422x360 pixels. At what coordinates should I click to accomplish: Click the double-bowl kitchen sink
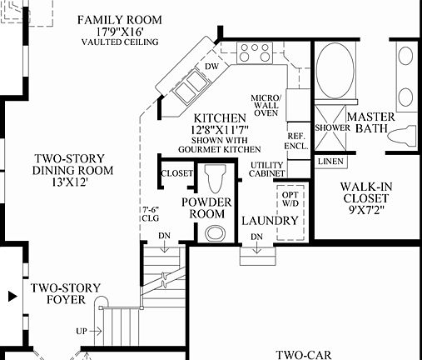coord(188,82)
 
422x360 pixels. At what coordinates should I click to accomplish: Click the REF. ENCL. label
coord(296,139)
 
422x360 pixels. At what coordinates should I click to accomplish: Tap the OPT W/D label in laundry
coord(289,197)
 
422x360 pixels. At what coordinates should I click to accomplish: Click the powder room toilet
coord(216,178)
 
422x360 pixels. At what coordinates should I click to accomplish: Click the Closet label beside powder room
coord(176,174)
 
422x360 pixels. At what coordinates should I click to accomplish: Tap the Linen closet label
coord(330,160)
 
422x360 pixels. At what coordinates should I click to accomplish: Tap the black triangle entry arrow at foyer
coord(11,295)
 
